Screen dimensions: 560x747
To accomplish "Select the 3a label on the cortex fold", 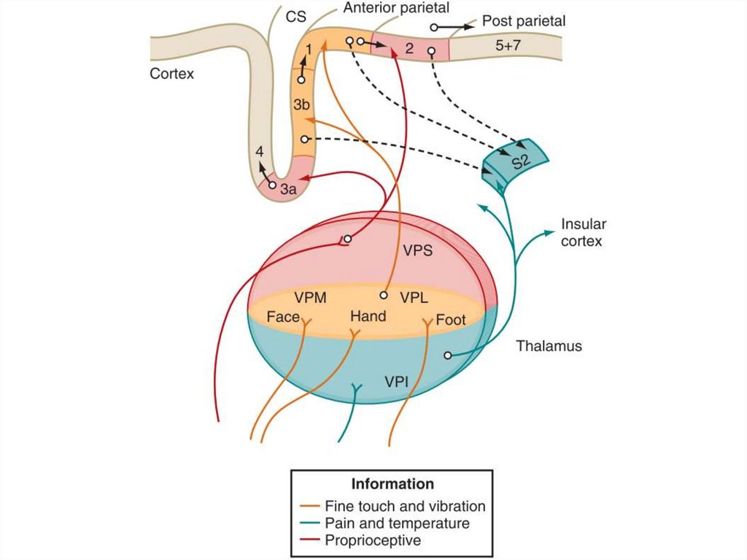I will point(290,190).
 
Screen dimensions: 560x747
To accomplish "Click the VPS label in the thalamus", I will point(418,250).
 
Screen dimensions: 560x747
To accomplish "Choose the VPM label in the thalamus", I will point(310,298).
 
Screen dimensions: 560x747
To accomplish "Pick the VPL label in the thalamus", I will point(414,298).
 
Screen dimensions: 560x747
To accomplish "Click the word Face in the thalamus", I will point(283,317).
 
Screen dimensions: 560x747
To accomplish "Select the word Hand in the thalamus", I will point(368,317).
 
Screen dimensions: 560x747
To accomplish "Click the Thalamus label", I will point(549,346).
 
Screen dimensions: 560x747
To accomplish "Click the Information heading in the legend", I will point(392,483).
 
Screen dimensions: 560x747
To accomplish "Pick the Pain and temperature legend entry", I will point(397,523).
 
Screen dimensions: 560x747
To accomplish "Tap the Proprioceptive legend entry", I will point(373,540).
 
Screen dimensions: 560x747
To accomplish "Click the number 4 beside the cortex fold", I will point(260,152).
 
